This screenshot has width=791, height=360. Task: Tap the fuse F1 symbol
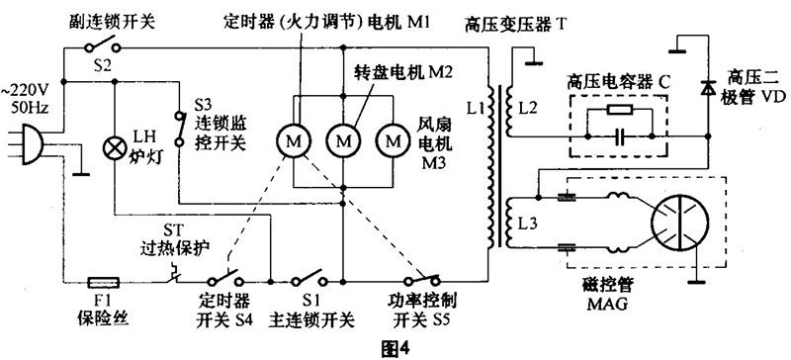coord(105,282)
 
